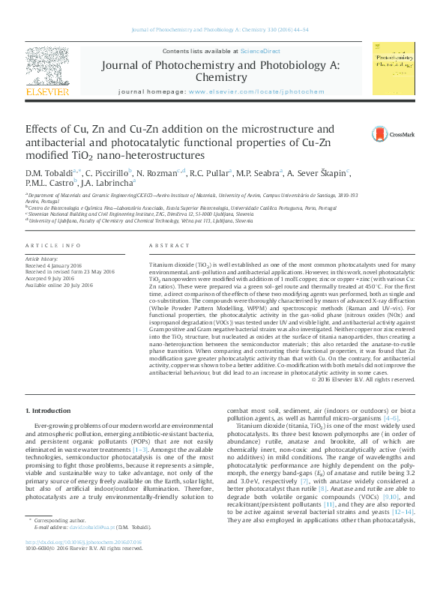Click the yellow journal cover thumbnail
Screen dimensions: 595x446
[x=394, y=67]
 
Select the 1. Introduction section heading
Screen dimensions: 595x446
[x=49, y=410]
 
